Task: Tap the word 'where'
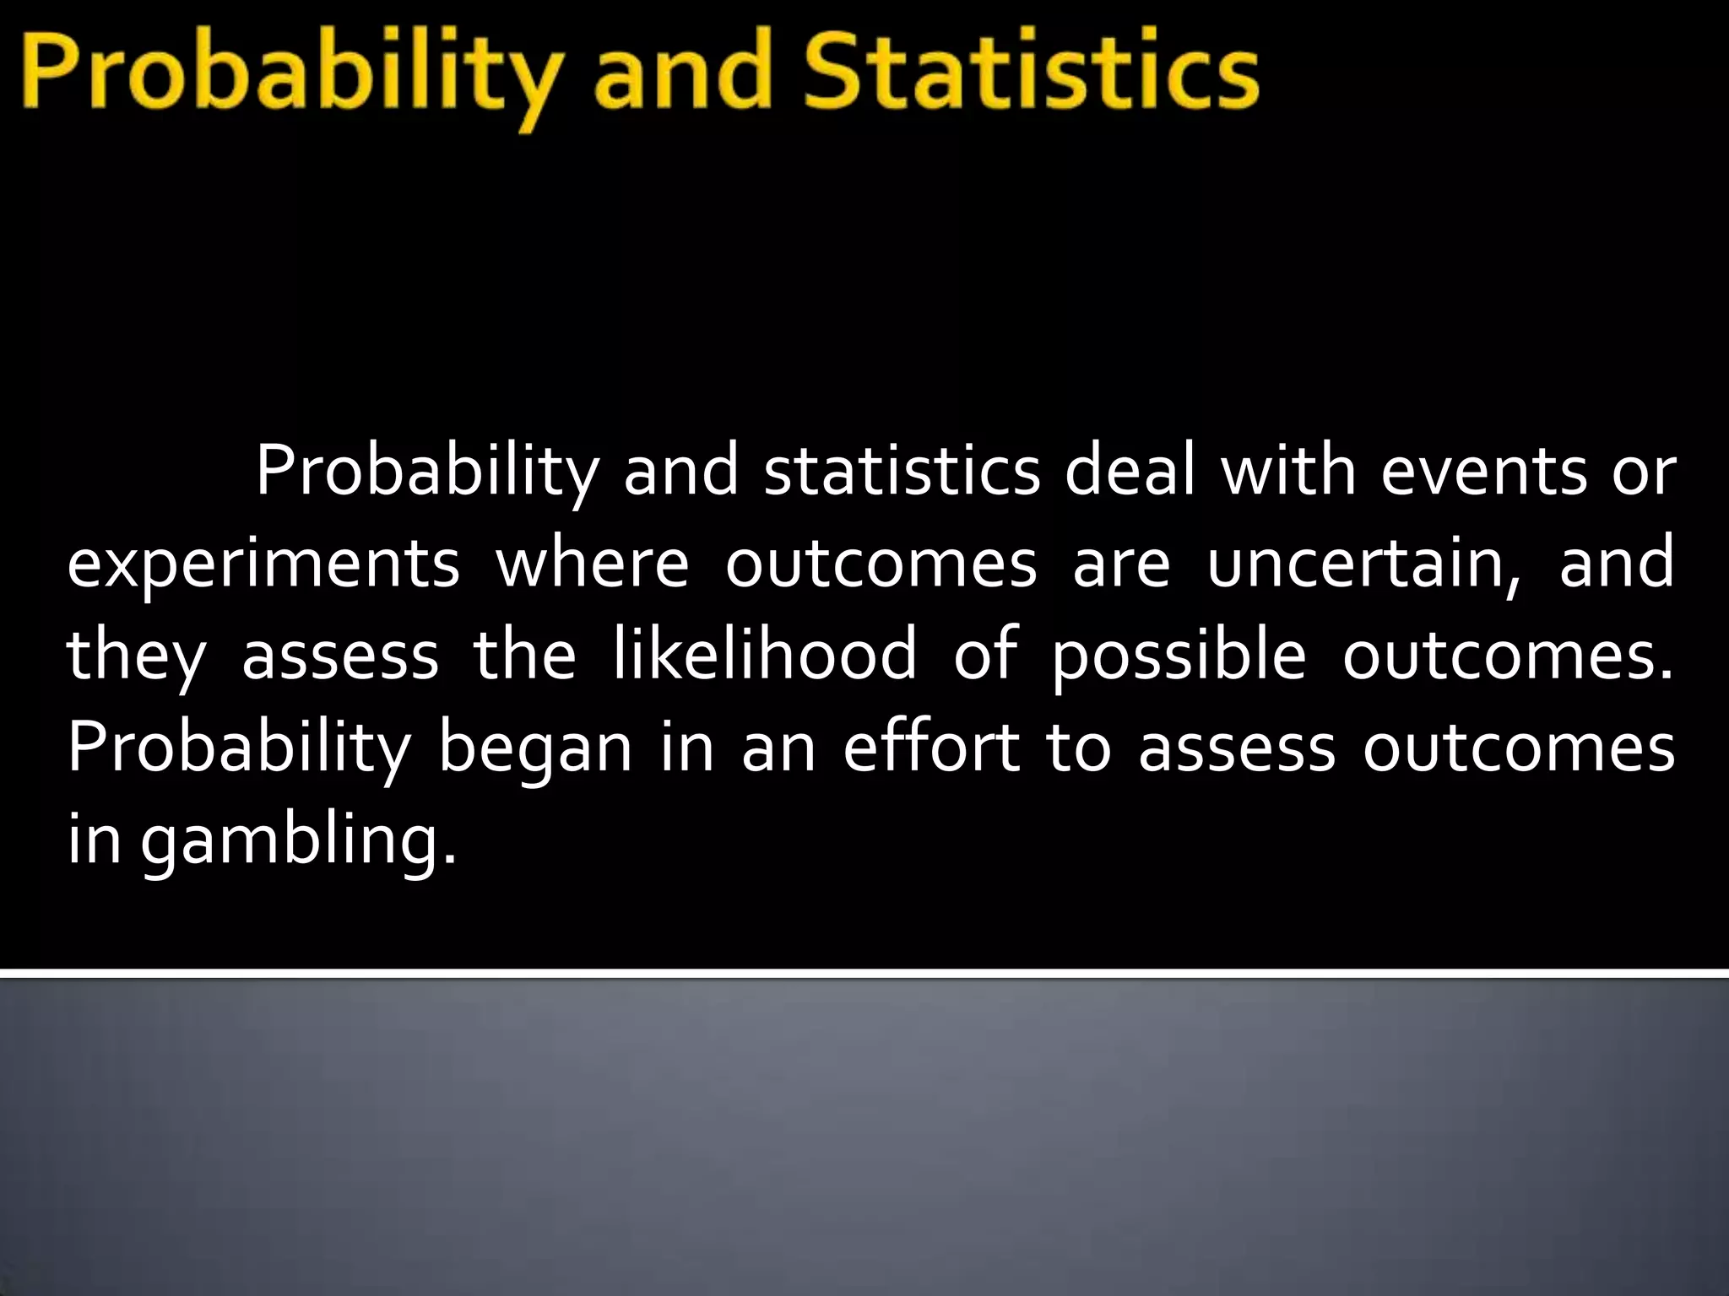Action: point(592,564)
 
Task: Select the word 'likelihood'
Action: point(765,655)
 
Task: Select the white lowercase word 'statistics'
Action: point(902,472)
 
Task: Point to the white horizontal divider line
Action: point(864,975)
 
